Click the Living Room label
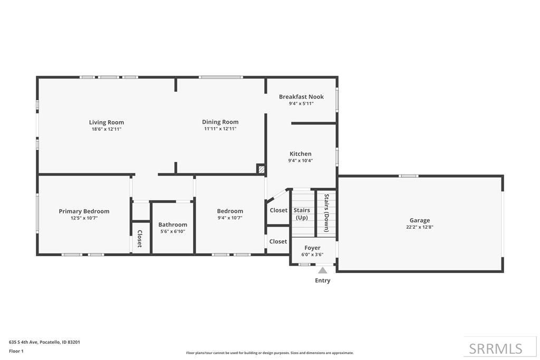pyautogui.click(x=106, y=122)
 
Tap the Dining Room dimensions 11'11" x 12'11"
pyautogui.click(x=220, y=129)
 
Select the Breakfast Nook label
pyautogui.click(x=301, y=96)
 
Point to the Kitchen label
pyautogui.click(x=300, y=154)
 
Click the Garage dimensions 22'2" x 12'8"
pyautogui.click(x=420, y=227)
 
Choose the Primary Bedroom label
pyautogui.click(x=84, y=211)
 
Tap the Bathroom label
pyautogui.click(x=172, y=225)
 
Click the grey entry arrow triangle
pyautogui.click(x=322, y=270)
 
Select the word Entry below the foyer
pyautogui.click(x=322, y=280)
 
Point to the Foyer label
pyautogui.click(x=312, y=248)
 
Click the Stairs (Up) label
pyautogui.click(x=302, y=213)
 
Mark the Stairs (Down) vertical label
pyautogui.click(x=326, y=213)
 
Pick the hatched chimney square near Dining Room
pyautogui.click(x=261, y=169)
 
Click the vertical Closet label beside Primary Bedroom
pyautogui.click(x=140, y=238)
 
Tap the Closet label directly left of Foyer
pyautogui.click(x=278, y=241)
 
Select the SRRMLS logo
pyautogui.click(x=495, y=348)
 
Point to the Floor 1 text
pyautogui.click(x=16, y=351)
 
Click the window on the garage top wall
pyautogui.click(x=409, y=176)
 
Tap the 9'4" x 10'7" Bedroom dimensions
pyautogui.click(x=229, y=218)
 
